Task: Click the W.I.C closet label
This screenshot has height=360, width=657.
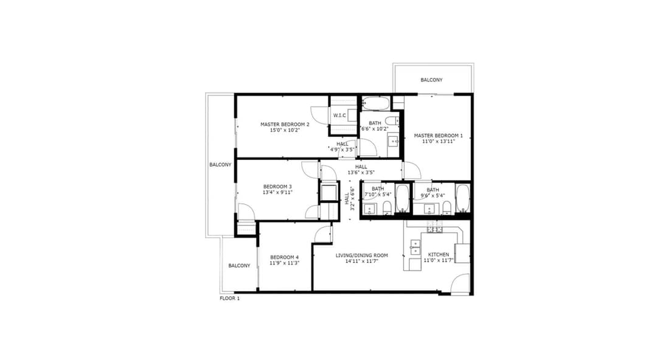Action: click(339, 116)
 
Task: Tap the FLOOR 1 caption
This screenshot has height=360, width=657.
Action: click(229, 299)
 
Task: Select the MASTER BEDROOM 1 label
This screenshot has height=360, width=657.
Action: click(438, 136)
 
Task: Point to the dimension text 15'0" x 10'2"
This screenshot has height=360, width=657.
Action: click(285, 130)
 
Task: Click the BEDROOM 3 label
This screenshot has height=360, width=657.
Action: click(277, 187)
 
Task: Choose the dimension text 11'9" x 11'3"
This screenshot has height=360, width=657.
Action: click(285, 263)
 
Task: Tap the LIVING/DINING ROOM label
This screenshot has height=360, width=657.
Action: click(361, 255)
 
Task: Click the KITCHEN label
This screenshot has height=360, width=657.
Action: click(438, 254)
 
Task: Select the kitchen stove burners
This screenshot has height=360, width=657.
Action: click(434, 227)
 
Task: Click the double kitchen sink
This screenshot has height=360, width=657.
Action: click(415, 247)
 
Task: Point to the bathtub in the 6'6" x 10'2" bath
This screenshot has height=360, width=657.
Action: click(376, 103)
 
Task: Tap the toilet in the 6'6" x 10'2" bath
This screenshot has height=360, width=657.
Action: click(391, 120)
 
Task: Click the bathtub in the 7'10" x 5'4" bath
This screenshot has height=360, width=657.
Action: click(402, 198)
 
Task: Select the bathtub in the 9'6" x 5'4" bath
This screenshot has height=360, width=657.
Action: click(462, 198)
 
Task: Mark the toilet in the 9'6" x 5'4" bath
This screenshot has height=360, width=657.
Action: click(447, 207)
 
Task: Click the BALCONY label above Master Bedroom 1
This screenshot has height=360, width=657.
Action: click(431, 80)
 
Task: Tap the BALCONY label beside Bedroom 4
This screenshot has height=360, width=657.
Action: click(239, 266)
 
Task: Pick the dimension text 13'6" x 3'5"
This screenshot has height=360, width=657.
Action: click(361, 172)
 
